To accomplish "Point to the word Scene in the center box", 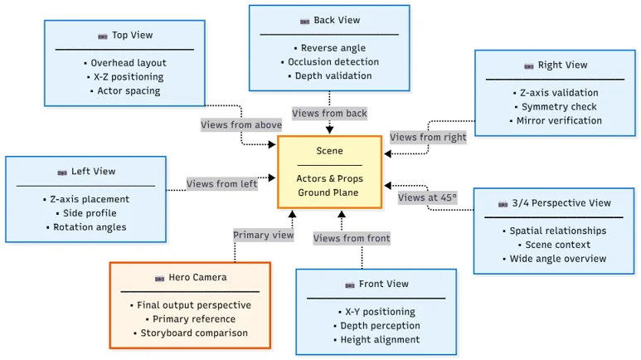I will (x=329, y=151).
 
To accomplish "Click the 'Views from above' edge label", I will (x=241, y=125).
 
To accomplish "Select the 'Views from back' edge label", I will (x=329, y=113).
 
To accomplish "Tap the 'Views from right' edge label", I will (x=428, y=137).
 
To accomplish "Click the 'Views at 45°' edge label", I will (x=427, y=197).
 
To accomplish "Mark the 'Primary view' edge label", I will (x=263, y=235).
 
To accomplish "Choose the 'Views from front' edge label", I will (x=352, y=239).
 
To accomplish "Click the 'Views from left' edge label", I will (x=221, y=184).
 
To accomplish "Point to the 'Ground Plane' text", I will (x=329, y=193).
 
